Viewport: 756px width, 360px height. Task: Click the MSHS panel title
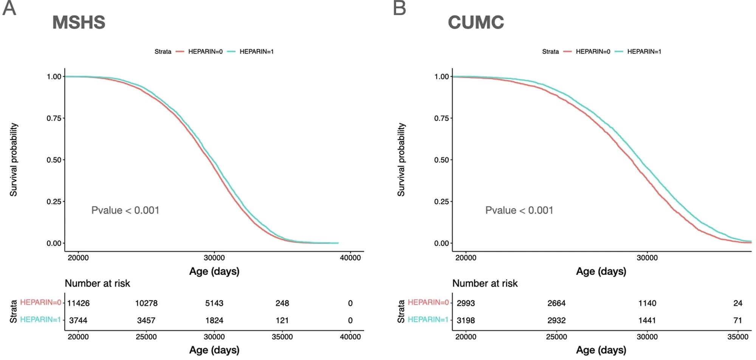point(79,22)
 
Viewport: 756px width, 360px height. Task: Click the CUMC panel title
point(476,22)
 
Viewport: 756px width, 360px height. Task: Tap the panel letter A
point(9,8)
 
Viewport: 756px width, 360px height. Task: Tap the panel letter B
point(399,8)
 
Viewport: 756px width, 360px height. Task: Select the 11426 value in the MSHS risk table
point(78,303)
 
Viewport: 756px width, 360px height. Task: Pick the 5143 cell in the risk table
point(214,303)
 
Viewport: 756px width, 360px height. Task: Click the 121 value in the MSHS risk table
point(282,320)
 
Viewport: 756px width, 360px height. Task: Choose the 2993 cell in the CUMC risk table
point(466,303)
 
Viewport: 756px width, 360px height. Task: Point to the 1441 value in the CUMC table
point(647,320)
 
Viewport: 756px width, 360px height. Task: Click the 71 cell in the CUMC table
point(737,320)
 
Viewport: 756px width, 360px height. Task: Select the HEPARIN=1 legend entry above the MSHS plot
point(256,51)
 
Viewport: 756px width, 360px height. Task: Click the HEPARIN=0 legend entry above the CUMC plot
point(592,51)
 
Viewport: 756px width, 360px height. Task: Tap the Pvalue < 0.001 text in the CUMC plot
point(519,210)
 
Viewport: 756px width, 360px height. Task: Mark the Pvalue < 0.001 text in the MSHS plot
point(125,210)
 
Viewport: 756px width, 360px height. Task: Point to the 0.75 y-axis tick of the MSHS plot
point(54,118)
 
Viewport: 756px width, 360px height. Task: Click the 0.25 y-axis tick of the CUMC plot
point(441,202)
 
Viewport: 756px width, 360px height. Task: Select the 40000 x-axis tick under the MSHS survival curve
point(350,258)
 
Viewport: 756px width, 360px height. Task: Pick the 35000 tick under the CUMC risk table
point(737,337)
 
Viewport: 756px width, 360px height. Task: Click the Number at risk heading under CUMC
point(485,283)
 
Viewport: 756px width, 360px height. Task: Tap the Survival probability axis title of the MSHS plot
point(14,160)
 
